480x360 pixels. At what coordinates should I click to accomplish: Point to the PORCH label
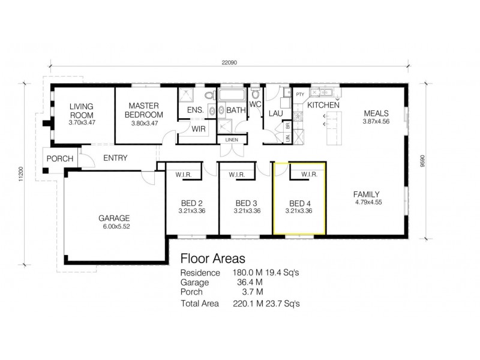[x=59, y=159]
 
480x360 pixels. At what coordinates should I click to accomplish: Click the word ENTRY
[x=115, y=158]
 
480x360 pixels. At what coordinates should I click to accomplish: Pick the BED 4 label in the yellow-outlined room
[x=298, y=203]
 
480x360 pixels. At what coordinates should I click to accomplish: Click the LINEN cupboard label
[x=232, y=140]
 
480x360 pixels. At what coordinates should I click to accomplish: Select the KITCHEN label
[x=323, y=105]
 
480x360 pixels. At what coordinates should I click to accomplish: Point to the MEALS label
[x=376, y=113]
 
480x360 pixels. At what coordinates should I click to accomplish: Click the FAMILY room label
[x=366, y=194]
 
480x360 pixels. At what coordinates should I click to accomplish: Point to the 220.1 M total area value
[x=245, y=304]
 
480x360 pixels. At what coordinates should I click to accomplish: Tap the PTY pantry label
[x=300, y=94]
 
